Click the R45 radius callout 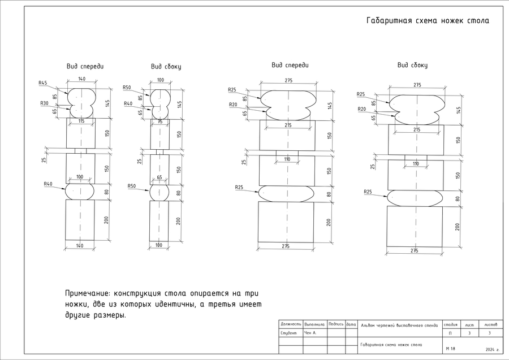pos(42,83)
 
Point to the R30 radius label pos(44,103)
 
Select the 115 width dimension pos(81,122)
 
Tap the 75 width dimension pos(159,122)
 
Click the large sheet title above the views pos(427,21)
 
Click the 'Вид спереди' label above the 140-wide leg pos(85,66)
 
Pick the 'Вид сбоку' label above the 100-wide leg pos(166,67)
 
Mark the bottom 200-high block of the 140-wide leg pos(80,219)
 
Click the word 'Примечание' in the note pos(88,293)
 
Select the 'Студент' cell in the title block pos(289,333)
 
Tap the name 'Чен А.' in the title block pos(311,333)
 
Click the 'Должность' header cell pos(291,324)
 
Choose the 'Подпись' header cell pos(336,324)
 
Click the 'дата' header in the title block pos(351,324)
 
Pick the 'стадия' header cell pos(451,324)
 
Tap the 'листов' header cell pos(490,324)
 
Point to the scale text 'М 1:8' pos(451,349)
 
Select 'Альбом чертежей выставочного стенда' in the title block pos(399,325)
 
